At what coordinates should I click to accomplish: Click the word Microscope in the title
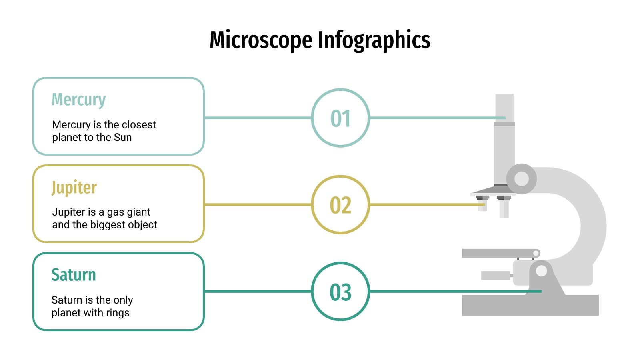261,40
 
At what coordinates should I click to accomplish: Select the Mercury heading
79,100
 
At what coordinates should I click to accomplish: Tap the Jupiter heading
74,187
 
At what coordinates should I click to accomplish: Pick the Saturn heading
74,275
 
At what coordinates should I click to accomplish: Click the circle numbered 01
340,118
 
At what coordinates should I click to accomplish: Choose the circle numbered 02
340,205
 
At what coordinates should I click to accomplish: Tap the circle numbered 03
340,292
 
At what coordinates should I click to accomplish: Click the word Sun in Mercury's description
123,138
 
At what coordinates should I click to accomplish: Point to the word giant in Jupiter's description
138,212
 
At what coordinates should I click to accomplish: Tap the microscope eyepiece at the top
504,106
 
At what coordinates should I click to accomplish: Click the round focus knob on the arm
521,179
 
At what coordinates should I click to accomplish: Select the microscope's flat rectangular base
530,306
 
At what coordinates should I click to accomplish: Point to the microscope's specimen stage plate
498,253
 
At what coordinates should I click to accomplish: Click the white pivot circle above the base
541,271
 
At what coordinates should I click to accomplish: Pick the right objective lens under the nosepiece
504,207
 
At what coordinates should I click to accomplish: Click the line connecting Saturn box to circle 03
258,292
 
